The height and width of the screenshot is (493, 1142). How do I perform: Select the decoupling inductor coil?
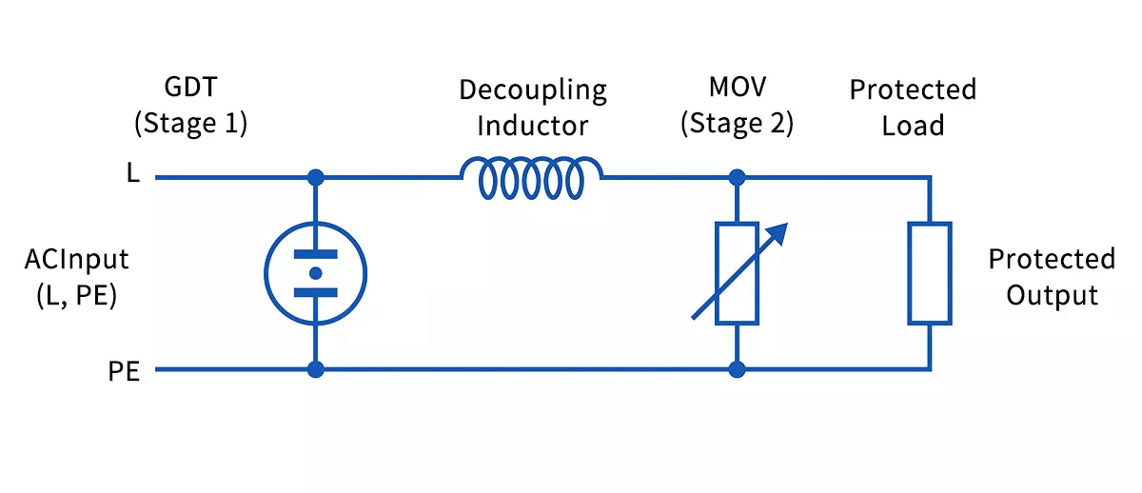pos(531,178)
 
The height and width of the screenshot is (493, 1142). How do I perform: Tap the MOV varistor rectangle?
pos(737,273)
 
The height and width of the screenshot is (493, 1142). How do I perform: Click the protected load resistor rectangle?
pos(929,273)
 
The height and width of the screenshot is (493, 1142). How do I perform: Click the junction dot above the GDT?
pos(315,177)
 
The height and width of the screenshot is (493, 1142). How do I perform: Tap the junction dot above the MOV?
pos(737,177)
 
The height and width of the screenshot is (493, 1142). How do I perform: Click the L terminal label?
pos(132,176)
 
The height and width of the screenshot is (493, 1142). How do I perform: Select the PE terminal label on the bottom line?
pos(124,371)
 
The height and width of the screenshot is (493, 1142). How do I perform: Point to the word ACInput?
pos(78,259)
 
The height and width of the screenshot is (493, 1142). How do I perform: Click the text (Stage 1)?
pos(191,125)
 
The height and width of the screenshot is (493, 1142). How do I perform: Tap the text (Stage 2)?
pos(737,125)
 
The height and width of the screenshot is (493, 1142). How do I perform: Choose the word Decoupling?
pos(532,91)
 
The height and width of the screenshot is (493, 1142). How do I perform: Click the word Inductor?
pos(532,126)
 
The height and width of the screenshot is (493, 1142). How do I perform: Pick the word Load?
pos(913,126)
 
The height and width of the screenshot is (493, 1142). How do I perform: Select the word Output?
pos(1052,295)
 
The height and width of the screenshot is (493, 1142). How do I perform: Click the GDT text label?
pos(191,89)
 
